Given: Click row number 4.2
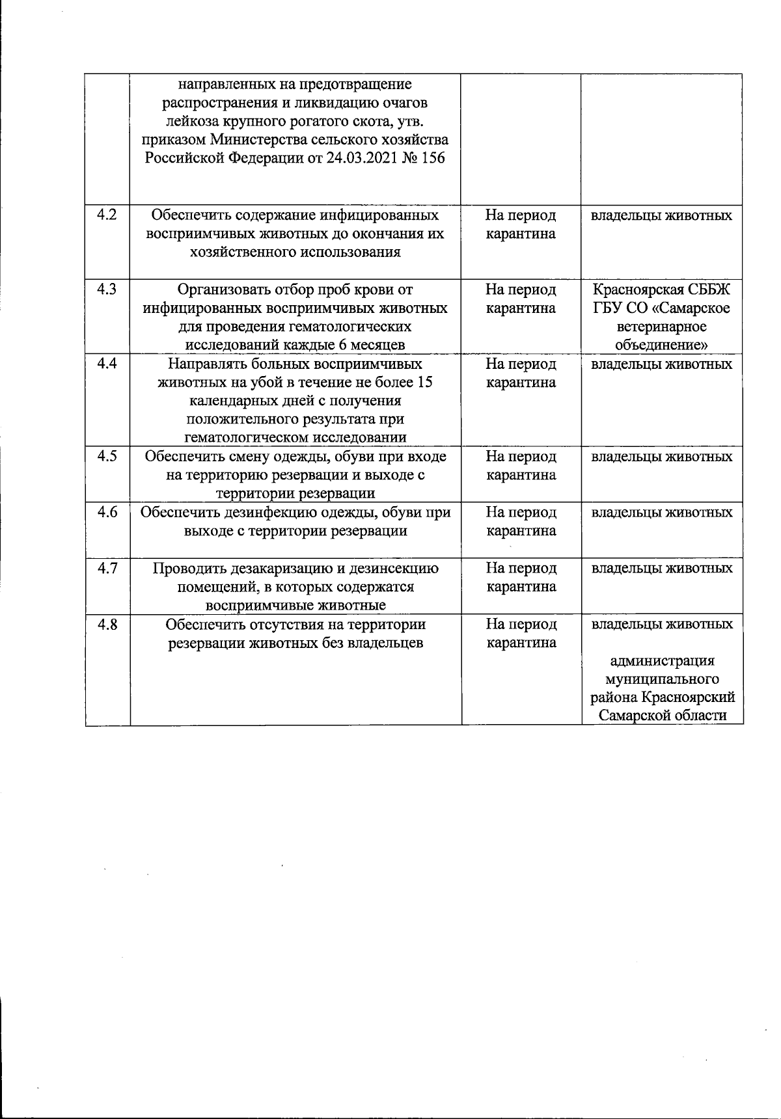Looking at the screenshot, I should (107, 215).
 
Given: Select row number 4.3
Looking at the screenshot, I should (107, 289).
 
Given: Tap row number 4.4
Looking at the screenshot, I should (107, 364).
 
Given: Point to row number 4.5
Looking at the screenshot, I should (107, 456).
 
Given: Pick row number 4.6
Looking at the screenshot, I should (107, 512).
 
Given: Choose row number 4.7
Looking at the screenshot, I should (107, 568).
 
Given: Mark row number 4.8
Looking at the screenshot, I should (107, 624).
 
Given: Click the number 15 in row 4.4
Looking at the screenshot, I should (424, 382).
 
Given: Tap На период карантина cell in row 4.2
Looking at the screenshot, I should (521, 224).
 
